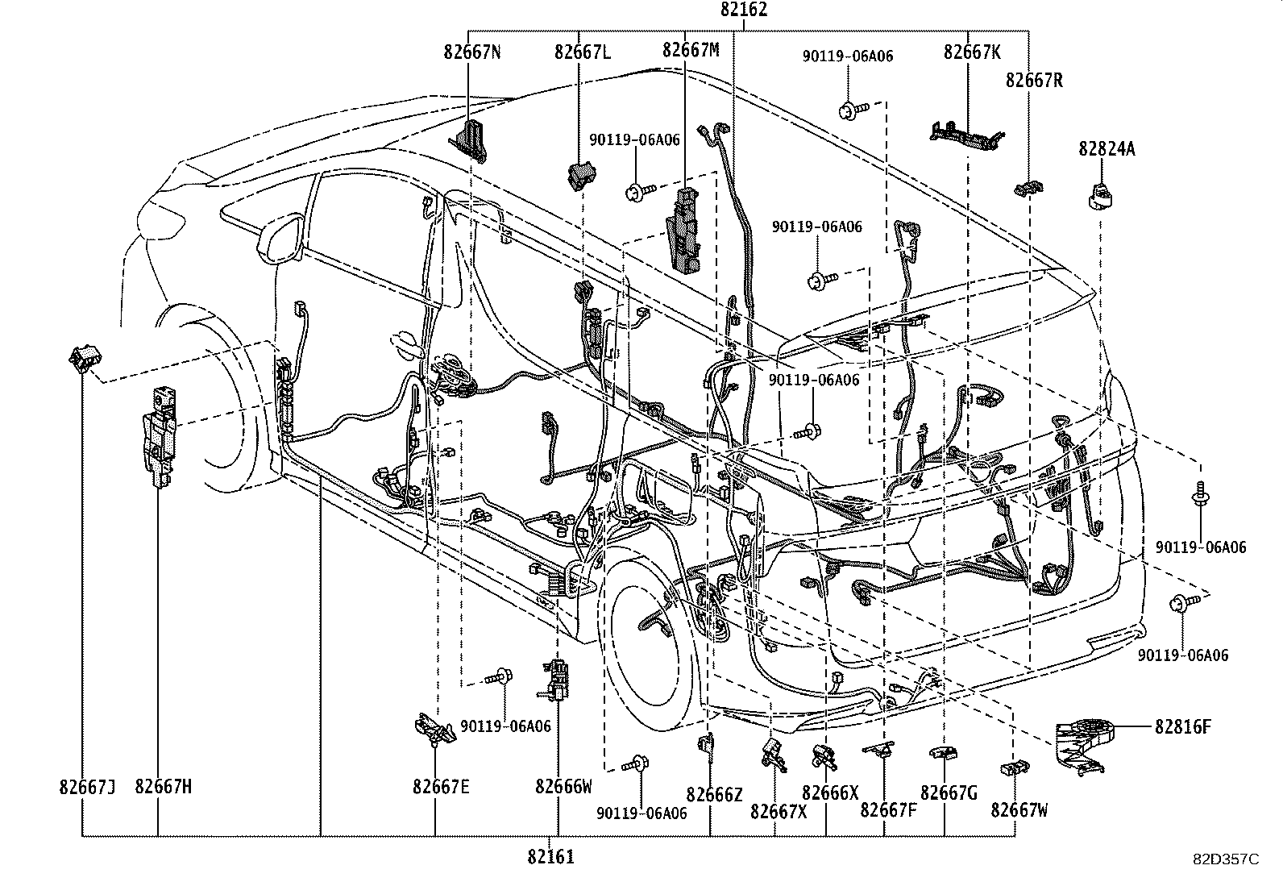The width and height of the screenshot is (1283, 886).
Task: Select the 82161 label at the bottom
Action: pyautogui.click(x=551, y=857)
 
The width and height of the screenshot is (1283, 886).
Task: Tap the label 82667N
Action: pyautogui.click(x=472, y=52)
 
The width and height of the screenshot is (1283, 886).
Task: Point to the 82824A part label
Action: pyautogui.click(x=1107, y=148)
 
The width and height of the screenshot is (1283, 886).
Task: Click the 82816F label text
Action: pyautogui.click(x=1182, y=727)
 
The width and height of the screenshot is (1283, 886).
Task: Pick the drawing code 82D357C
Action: pyautogui.click(x=1226, y=859)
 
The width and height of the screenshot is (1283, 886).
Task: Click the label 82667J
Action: pyautogui.click(x=87, y=787)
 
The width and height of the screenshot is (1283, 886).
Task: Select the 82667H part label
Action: pyautogui.click(x=164, y=787)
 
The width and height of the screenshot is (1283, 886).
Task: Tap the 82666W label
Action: pyautogui.click(x=563, y=787)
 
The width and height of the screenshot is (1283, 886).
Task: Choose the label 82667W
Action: pyautogui.click(x=1019, y=810)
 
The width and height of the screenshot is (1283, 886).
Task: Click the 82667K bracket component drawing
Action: pyautogui.click(x=966, y=132)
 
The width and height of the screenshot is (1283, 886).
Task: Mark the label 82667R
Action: pyautogui.click(x=1034, y=81)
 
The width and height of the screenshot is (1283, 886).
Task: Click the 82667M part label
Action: pyautogui.click(x=691, y=50)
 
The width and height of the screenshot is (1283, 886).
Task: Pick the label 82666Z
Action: pyautogui.click(x=714, y=795)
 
